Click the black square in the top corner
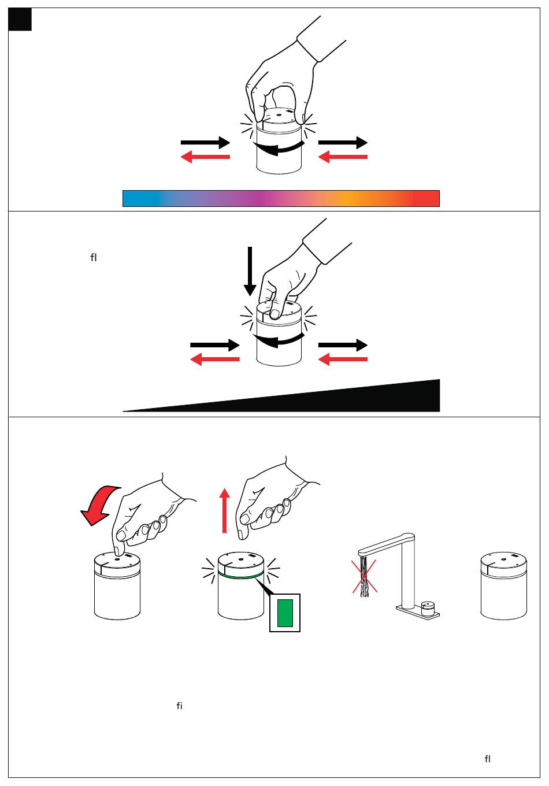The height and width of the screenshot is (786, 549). point(20,19)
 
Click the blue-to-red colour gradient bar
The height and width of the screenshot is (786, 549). point(281,198)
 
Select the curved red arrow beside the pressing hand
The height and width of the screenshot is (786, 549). point(99,505)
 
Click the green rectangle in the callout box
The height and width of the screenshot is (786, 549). point(285,613)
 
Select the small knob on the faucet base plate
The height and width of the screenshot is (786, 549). point(428,609)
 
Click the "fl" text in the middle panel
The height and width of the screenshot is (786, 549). point(93,258)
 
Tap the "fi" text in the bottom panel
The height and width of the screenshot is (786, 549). point(179,706)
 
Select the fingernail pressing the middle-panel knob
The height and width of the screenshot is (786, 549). point(274,314)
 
